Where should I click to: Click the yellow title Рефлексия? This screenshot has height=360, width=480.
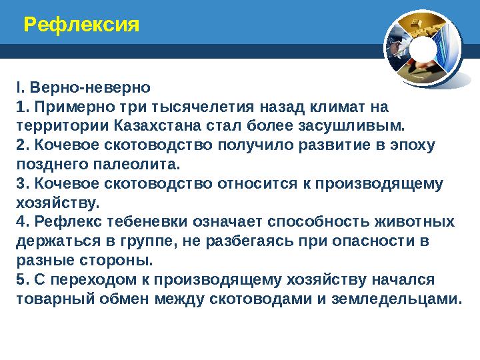81,26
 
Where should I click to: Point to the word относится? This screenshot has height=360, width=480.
256,183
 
